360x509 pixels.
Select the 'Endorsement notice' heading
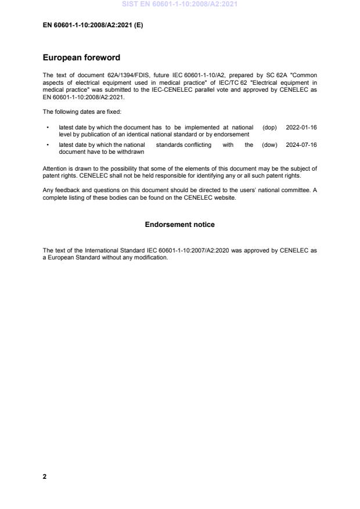[x=180, y=224]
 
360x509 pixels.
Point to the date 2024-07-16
[x=301, y=145]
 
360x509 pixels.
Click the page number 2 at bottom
[x=45, y=476]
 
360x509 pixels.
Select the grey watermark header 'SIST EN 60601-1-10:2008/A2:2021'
[x=179, y=5]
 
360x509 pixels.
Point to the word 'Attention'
[x=54, y=168]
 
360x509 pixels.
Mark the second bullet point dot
[x=47, y=145]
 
